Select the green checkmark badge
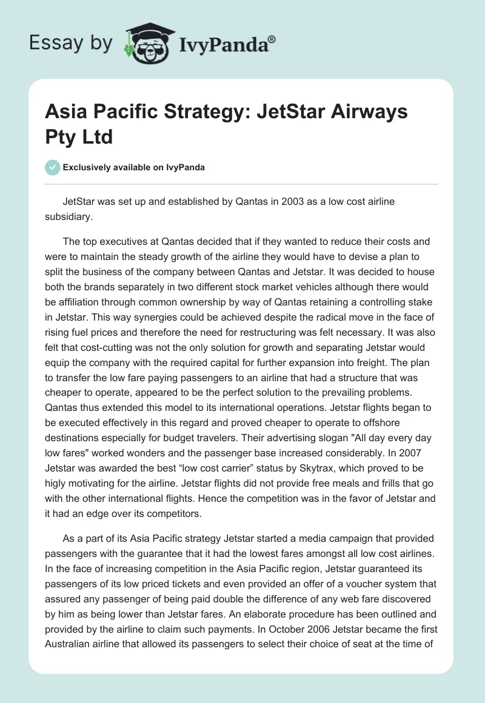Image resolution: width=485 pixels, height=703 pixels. pos(53,167)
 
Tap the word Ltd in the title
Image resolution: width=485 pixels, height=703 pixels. pos(99,136)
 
